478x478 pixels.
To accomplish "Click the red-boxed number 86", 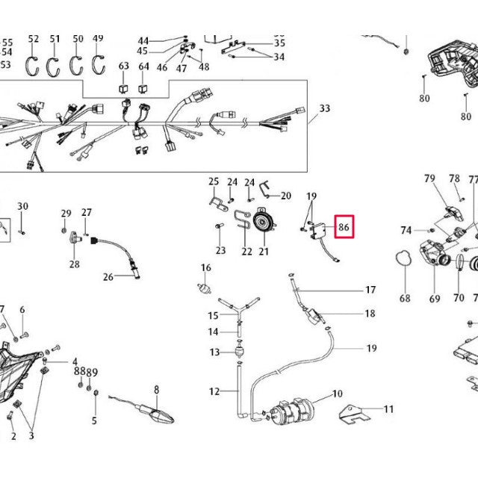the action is [344, 227].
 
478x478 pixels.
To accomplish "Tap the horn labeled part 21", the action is [264, 223].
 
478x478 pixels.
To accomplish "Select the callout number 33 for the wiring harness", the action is [325, 108].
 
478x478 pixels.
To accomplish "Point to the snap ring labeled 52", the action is [31, 66].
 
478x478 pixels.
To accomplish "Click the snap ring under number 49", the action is [99, 65].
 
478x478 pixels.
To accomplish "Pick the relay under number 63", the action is [123, 89].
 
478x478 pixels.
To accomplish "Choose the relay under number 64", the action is [143, 89].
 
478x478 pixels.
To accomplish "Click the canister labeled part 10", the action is [293, 412].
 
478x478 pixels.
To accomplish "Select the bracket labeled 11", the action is [354, 415].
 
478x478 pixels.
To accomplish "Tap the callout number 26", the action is [108, 277].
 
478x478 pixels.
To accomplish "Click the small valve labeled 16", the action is [204, 288].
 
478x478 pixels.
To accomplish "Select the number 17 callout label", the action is [370, 289].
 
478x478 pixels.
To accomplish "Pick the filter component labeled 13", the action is [239, 353].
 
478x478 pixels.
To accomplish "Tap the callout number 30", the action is [22, 206].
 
